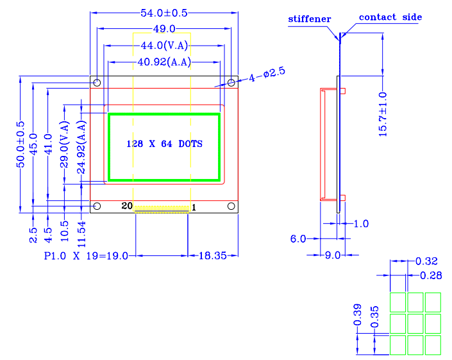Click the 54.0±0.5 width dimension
pos(164,13)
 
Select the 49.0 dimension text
pos(164,29)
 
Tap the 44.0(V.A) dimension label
pos(164,46)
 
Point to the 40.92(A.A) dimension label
pos(164,62)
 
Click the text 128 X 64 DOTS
pos(165,144)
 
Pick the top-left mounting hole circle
pos(97,83)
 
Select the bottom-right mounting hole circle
pos(231,206)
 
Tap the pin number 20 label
pos(127,206)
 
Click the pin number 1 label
pos(194,207)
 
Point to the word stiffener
pos(310,19)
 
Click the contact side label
pos(390,17)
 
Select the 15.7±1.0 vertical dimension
pos(383,114)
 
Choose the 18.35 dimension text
pos(211,255)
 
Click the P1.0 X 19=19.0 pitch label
pos(86,255)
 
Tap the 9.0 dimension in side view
pos(332,255)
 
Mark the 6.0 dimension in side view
pos(298,239)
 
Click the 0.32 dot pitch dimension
pos(426,261)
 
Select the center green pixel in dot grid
pos(415,323)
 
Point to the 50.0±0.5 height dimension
pos(21,144)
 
